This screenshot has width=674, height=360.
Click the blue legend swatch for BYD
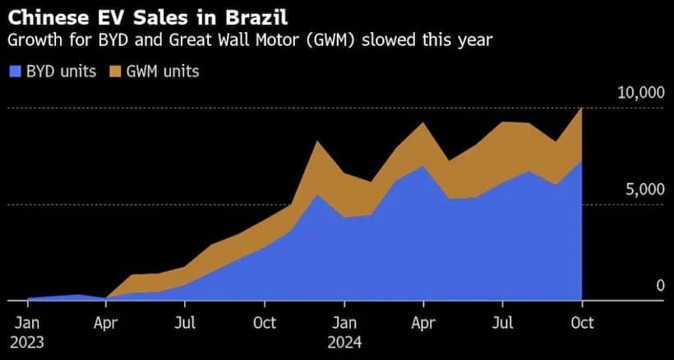[x=14, y=72]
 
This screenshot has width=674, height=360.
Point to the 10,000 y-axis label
[x=640, y=92]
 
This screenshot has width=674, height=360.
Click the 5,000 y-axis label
[x=644, y=189]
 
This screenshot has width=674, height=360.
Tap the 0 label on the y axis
[x=659, y=285]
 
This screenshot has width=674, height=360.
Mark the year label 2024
[x=345, y=340]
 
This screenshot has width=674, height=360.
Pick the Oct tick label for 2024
[x=582, y=321]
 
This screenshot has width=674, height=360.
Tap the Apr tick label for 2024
[x=422, y=321]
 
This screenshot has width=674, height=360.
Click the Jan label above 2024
[x=344, y=321]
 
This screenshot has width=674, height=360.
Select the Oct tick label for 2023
[x=264, y=321]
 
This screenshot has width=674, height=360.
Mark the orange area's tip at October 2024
[x=581, y=108]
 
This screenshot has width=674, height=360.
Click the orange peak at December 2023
[x=317, y=142]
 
